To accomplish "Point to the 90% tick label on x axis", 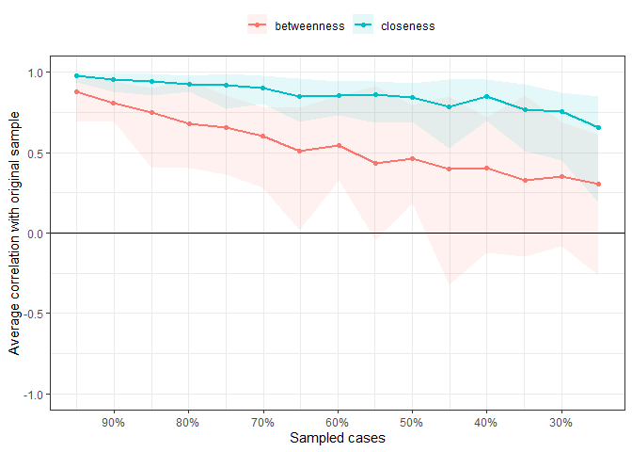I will coord(114,422).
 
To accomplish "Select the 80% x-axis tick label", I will coord(188,422).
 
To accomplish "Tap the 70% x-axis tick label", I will coord(262,422).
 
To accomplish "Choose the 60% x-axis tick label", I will coord(338,422).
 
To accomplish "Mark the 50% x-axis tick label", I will coord(412,422).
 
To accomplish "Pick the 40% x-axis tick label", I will coord(486,422).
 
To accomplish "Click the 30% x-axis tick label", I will coord(561,422).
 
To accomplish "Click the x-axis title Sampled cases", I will coord(338,439).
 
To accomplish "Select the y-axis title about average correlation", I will coord(14,233).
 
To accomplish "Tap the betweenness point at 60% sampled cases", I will coord(338,145).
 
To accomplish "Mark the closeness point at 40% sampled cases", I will coord(486,96).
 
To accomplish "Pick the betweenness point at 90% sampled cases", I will coord(114,103).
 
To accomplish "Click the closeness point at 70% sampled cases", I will coord(262,88).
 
